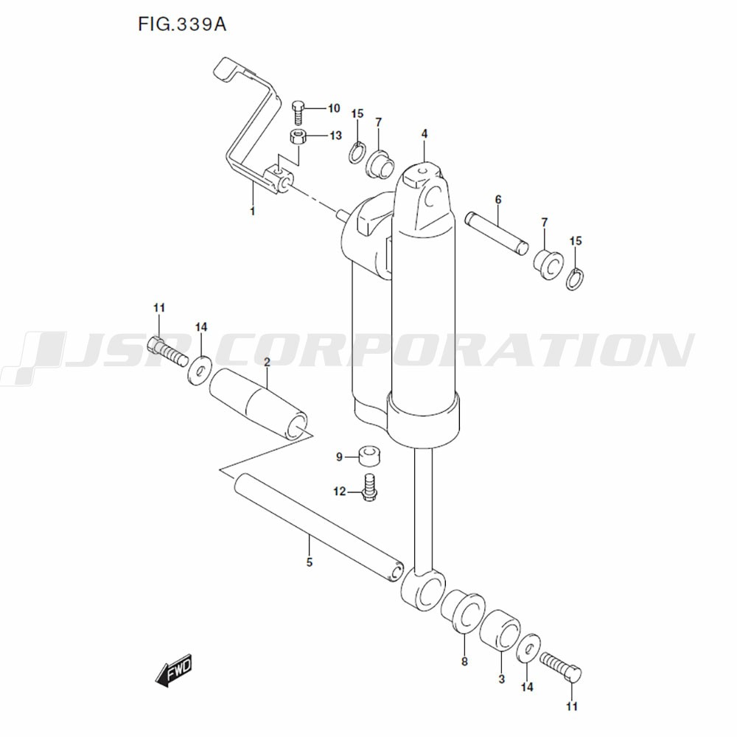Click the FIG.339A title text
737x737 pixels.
[182, 24]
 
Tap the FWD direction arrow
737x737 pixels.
[173, 669]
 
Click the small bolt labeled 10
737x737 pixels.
[298, 111]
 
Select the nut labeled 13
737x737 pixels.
[298, 137]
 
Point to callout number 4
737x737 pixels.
[425, 134]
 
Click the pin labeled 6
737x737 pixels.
[497, 234]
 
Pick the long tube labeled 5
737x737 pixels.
[318, 528]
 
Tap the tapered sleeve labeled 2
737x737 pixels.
[258, 404]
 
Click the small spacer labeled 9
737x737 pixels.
[370, 456]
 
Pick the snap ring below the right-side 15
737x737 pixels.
[575, 279]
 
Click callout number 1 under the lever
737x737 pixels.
[252, 211]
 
